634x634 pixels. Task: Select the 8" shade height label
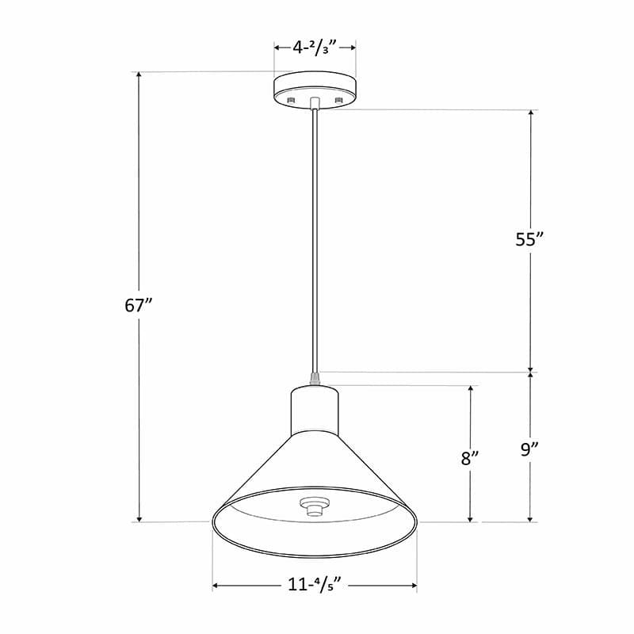471,458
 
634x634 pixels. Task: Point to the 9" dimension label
530,450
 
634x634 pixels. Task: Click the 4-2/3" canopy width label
315,48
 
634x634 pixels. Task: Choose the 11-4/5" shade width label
315,586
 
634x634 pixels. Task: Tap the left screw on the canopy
291,100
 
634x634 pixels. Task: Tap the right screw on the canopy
339,100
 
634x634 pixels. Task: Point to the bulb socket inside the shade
315,505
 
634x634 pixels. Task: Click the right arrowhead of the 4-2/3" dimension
351,48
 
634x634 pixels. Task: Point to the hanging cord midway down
315,238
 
